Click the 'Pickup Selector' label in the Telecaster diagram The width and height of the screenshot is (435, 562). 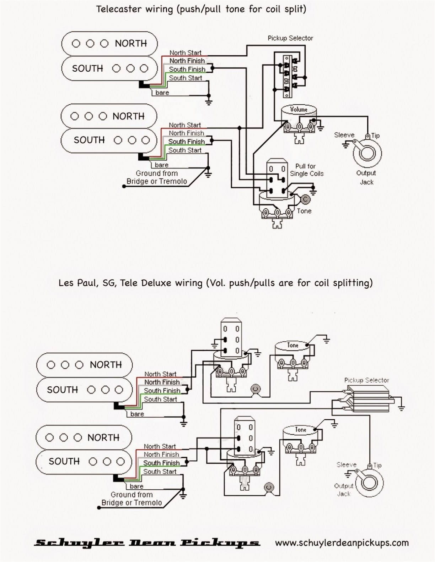click(290, 38)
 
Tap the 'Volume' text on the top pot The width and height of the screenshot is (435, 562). click(298, 109)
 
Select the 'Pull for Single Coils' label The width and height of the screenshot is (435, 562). click(306, 170)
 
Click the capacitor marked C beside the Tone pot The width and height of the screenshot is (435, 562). click(305, 199)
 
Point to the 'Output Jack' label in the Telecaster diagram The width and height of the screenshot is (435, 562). click(366, 177)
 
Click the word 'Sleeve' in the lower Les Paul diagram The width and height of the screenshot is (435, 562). click(346, 464)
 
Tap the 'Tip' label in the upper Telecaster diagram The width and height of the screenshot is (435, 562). click(375, 136)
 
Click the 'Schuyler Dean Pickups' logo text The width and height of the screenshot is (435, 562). click(147, 543)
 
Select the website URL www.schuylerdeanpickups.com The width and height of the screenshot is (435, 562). click(342, 542)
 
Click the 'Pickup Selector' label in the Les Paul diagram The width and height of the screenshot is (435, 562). click(366, 380)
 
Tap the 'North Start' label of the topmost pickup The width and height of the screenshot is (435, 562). click(185, 53)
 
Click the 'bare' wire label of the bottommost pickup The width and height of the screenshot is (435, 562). click(136, 486)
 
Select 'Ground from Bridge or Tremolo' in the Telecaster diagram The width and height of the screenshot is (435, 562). click(156, 177)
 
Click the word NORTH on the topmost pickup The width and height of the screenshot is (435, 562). click(131, 43)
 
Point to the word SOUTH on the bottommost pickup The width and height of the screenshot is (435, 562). click(64, 461)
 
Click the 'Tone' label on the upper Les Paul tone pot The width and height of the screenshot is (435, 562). click(292, 345)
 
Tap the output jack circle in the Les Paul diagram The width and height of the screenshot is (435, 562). click(367, 483)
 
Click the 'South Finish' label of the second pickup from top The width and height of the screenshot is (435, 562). click(187, 142)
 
